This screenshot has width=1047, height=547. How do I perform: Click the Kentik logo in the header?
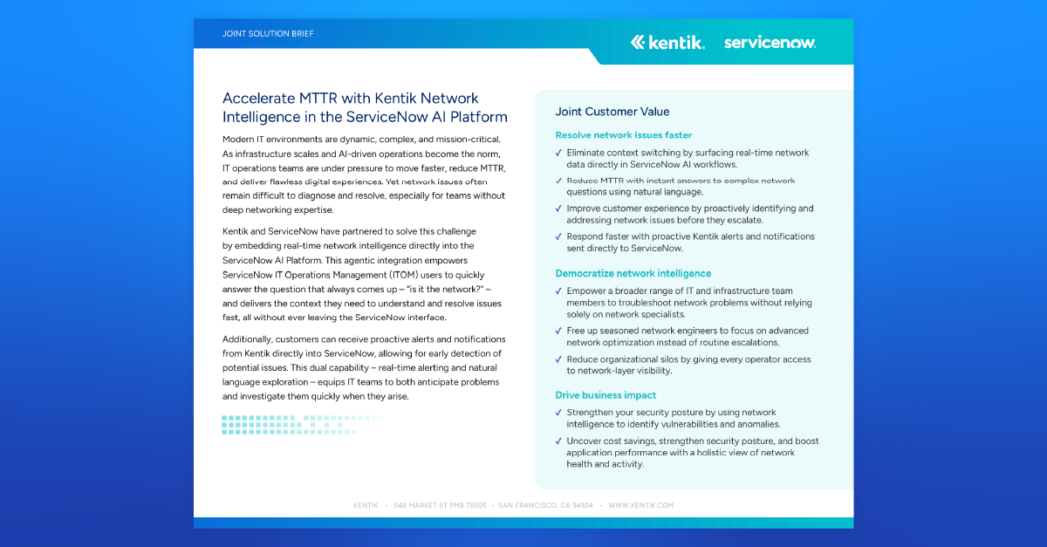pos(667,42)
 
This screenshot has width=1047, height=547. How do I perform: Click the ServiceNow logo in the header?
pos(770,42)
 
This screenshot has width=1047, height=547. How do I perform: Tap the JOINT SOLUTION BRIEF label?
pos(268,34)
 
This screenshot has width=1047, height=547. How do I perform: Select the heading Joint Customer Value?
pos(612,112)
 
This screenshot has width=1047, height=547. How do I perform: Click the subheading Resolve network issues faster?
pos(624,135)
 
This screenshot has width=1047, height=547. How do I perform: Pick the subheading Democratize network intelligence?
pos(633,274)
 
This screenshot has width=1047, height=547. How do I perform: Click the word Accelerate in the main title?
pos(254,98)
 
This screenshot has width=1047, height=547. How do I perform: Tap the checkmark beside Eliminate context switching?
pos(558,153)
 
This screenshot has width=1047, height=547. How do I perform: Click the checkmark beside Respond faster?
pos(558,236)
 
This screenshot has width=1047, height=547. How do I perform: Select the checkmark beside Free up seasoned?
pos(558,331)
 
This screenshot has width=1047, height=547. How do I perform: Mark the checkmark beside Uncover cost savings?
pos(558,441)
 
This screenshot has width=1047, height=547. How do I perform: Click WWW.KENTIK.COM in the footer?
pos(641,505)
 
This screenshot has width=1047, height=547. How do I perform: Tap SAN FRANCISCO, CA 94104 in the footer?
pos(545,505)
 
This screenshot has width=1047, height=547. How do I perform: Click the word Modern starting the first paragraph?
pos(239,140)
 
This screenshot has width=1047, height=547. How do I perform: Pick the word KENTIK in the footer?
pos(366,505)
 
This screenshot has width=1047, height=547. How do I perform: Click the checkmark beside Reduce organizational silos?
pos(558,359)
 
